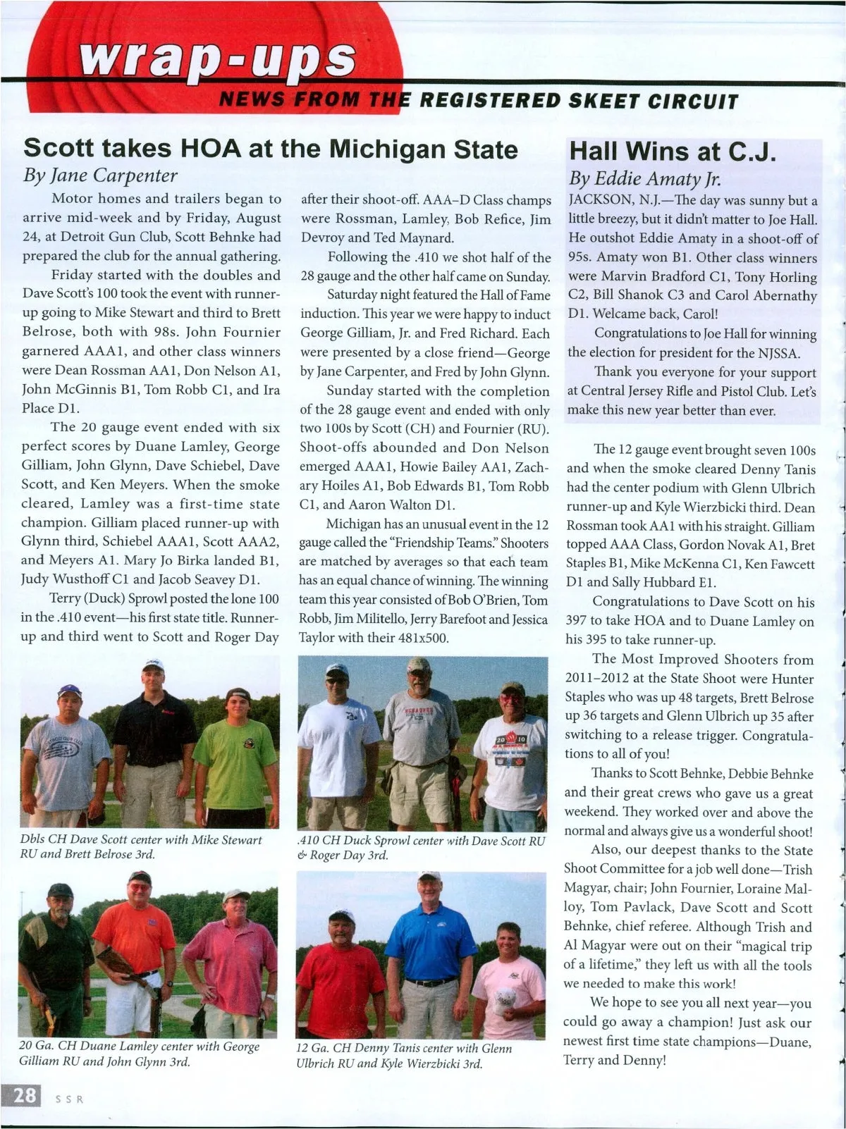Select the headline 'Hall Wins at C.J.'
[673, 152]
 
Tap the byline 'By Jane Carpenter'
[100, 175]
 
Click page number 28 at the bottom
[24, 1096]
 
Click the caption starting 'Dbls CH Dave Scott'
[141, 846]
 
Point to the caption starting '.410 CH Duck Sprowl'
[421, 847]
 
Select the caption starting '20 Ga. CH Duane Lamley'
[139, 1054]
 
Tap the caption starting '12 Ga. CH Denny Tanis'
[403, 1055]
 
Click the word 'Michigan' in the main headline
[388, 149]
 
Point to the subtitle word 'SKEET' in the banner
[601, 101]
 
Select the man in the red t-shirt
[340, 980]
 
